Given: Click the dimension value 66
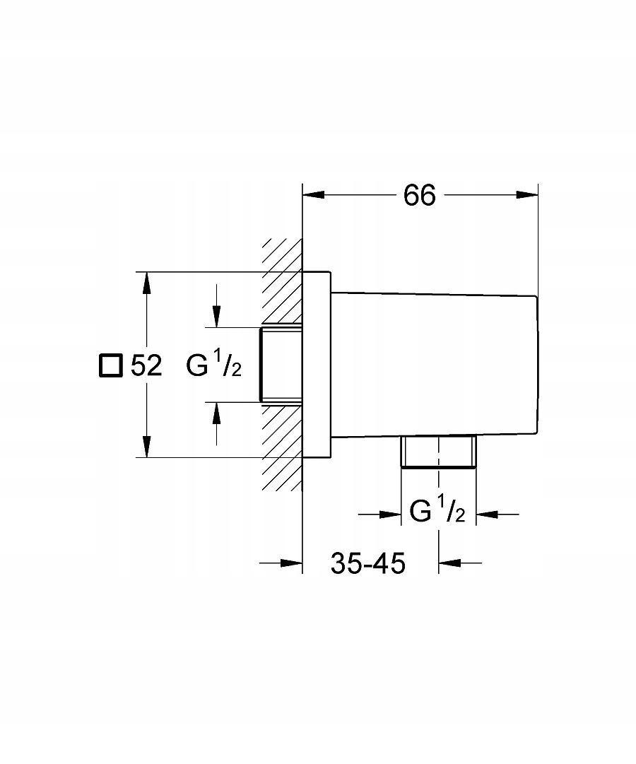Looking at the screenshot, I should (420, 196).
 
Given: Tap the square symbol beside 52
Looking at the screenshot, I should (110, 365).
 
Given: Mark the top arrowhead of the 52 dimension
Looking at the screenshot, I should (146, 283).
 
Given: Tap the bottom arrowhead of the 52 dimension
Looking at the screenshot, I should (146, 447).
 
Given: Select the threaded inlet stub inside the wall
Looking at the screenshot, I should (281, 365).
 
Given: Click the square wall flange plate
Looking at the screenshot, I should (317, 365).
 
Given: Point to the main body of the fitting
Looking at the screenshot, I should (435, 364).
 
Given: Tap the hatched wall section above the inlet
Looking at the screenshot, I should (283, 283).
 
